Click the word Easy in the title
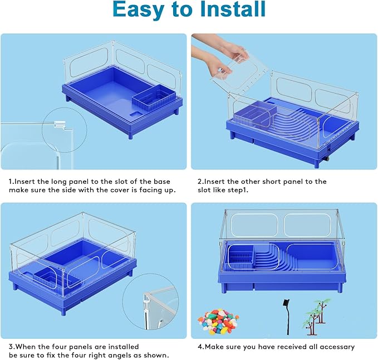click(141, 11)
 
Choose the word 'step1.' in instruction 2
click(240, 190)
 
